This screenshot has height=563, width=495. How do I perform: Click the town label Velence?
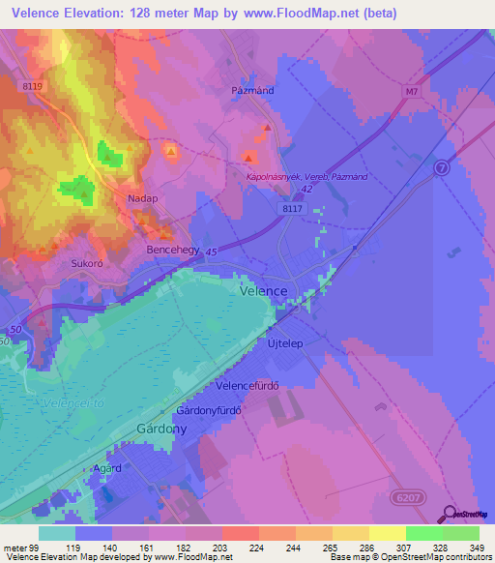[263, 290]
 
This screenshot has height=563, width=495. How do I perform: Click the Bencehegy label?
[172, 250]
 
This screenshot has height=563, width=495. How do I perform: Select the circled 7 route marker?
[444, 168]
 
